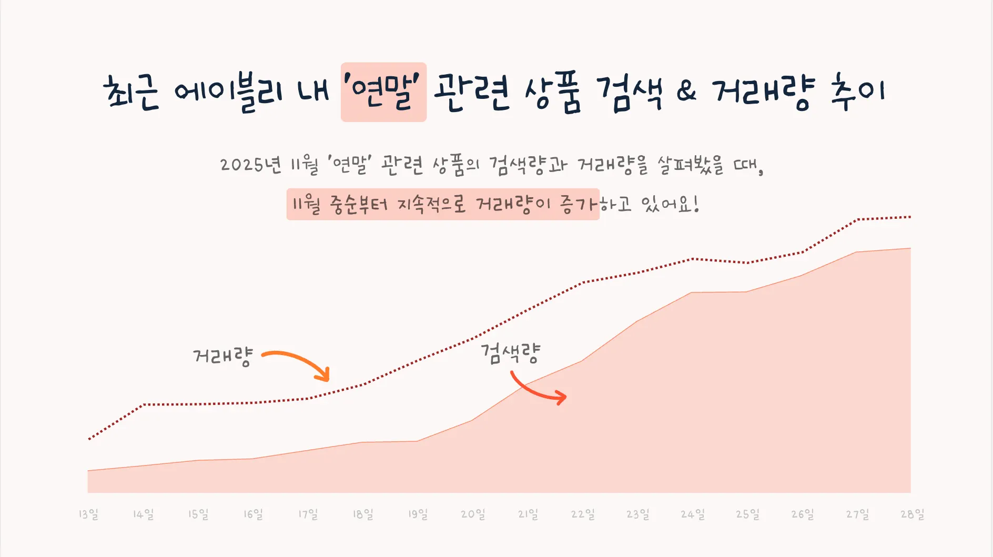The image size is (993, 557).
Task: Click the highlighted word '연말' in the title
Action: pos(383,92)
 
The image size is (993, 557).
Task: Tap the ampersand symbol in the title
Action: pos(686,92)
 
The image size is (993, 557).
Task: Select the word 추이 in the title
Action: pos(857,92)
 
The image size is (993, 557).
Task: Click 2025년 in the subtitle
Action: pos(250,165)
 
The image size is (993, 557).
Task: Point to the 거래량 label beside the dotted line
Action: pos(223,357)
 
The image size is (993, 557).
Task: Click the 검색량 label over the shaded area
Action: pos(510,353)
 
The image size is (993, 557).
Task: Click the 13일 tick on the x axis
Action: pos(88,514)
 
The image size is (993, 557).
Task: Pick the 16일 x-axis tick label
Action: pos(253,514)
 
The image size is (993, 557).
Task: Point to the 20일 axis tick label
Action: pos(473,514)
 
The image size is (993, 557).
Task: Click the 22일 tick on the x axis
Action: pos(583,514)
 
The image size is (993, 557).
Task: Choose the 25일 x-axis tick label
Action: pos(747,514)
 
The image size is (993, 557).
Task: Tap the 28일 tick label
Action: pos(912,514)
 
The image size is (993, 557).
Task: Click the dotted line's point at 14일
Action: pos(144,404)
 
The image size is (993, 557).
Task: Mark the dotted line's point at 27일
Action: pos(857,219)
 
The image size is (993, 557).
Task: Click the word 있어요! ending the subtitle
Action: pos(670,204)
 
